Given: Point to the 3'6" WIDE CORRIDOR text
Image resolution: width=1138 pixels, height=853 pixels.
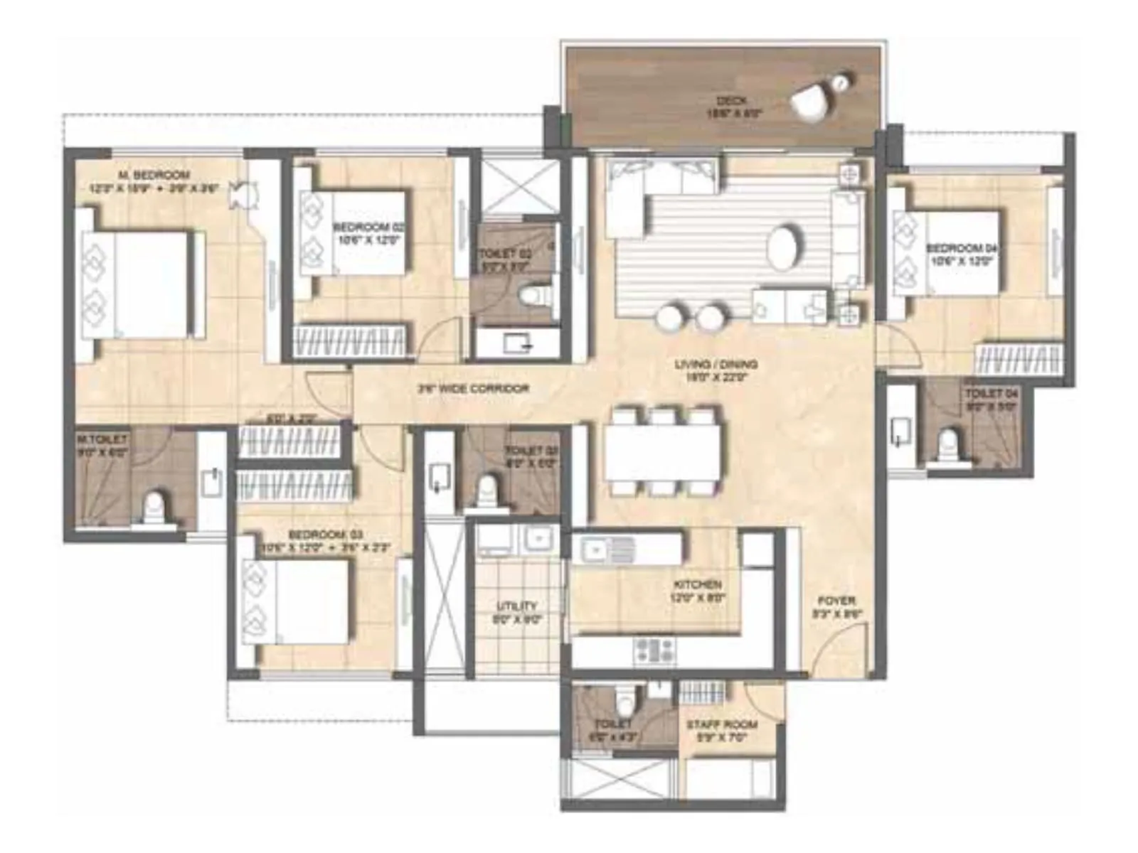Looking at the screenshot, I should point(473,389).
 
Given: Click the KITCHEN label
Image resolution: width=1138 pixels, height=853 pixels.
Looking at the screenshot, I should point(698,584).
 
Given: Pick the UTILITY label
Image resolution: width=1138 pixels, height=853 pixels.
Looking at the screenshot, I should point(517,606).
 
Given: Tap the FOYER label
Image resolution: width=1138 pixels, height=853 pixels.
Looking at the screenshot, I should point(836,601).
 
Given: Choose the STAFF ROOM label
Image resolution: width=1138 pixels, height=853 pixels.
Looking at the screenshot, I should point(721,725).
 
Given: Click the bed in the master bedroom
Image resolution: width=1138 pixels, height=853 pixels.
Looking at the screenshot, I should point(142,284).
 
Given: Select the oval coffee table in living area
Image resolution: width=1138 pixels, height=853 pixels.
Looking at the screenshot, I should point(784,247).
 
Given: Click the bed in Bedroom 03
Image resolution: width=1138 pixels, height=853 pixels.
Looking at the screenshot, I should point(299,601).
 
